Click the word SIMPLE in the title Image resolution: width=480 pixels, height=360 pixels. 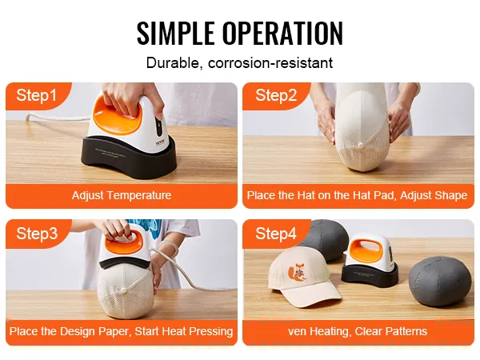(176, 33)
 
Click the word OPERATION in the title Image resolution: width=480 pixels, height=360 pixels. (282, 33)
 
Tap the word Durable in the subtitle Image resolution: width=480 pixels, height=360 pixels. (173, 62)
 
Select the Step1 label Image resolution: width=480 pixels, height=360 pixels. (37, 95)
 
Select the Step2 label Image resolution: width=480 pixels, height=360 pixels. (276, 95)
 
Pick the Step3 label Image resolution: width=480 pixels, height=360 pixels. (37, 234)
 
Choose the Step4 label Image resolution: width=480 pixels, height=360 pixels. (276, 234)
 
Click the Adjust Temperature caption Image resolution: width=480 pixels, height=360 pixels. (122, 195)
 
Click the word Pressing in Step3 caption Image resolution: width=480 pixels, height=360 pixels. (210, 331)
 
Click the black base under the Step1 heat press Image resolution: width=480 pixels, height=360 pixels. (129, 159)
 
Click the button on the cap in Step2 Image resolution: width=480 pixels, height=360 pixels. (361, 145)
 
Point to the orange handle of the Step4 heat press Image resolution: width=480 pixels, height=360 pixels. (365, 251)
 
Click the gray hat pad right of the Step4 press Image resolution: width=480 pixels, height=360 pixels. (440, 282)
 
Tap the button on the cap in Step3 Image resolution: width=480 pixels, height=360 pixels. (124, 290)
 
